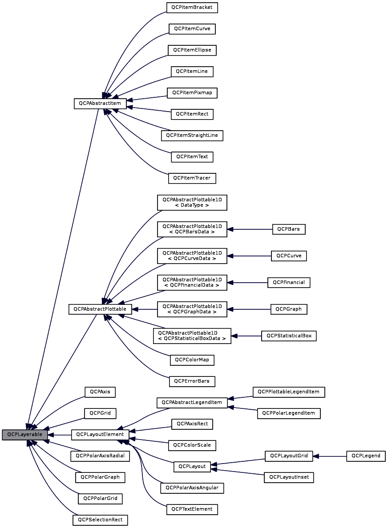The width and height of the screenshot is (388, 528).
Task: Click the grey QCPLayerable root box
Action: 24,435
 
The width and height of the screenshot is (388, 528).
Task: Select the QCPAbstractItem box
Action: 100,104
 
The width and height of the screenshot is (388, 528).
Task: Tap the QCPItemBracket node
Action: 192,8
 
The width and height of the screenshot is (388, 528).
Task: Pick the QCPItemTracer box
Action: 192,178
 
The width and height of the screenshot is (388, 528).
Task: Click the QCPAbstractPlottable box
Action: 100,309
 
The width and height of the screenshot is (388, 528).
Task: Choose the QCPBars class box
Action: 289,229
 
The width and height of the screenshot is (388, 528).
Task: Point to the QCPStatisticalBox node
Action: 289,336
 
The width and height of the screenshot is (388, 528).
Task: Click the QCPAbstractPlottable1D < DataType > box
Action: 192,202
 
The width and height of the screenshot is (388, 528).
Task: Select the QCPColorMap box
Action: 192,360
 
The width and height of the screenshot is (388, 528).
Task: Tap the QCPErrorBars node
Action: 192,381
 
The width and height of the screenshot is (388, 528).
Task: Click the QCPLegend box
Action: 366,456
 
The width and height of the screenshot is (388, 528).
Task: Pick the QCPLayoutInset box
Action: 289,477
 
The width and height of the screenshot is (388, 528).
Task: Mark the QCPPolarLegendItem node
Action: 289,413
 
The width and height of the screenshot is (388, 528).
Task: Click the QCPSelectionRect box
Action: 100,520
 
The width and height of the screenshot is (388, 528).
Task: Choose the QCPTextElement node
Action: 192,509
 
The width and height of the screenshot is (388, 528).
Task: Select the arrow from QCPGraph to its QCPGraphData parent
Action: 249,309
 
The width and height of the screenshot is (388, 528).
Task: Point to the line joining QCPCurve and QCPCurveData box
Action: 249,256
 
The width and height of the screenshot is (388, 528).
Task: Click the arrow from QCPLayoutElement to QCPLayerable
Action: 59,435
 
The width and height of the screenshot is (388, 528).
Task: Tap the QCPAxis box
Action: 100,392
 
